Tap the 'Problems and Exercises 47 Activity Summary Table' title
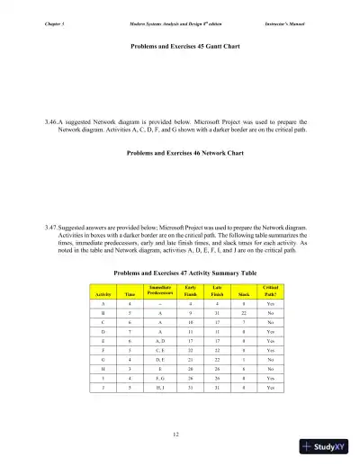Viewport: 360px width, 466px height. coord(179,271)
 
